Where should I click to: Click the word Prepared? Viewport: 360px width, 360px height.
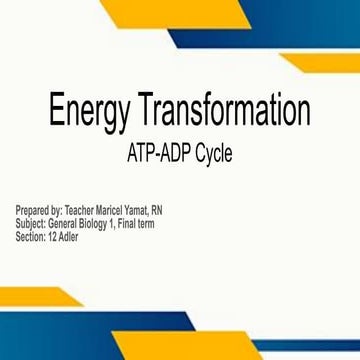pos(33,211)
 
